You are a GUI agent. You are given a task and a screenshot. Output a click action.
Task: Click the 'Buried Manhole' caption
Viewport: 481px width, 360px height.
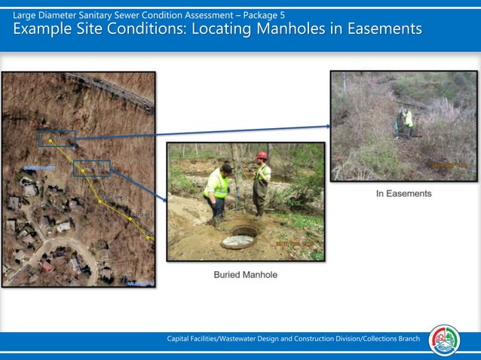[x=245, y=275]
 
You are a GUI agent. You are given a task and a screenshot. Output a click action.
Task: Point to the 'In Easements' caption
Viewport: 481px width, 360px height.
[x=403, y=194]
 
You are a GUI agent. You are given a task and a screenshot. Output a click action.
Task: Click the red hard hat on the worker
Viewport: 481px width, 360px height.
[x=262, y=155]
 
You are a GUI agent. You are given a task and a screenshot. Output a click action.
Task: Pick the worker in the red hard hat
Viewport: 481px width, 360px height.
[x=261, y=185]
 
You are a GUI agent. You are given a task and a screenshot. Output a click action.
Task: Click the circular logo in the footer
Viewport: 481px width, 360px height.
[x=444, y=340]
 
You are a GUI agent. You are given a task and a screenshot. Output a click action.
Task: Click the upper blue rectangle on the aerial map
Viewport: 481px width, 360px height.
[x=57, y=139]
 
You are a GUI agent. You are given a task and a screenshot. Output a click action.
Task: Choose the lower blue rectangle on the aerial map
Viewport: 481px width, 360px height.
[x=91, y=168]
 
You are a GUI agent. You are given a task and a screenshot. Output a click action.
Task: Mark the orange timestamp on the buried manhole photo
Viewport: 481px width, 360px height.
[x=297, y=245]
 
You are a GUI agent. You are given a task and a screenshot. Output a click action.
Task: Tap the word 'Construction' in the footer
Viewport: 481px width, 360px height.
[x=318, y=339]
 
